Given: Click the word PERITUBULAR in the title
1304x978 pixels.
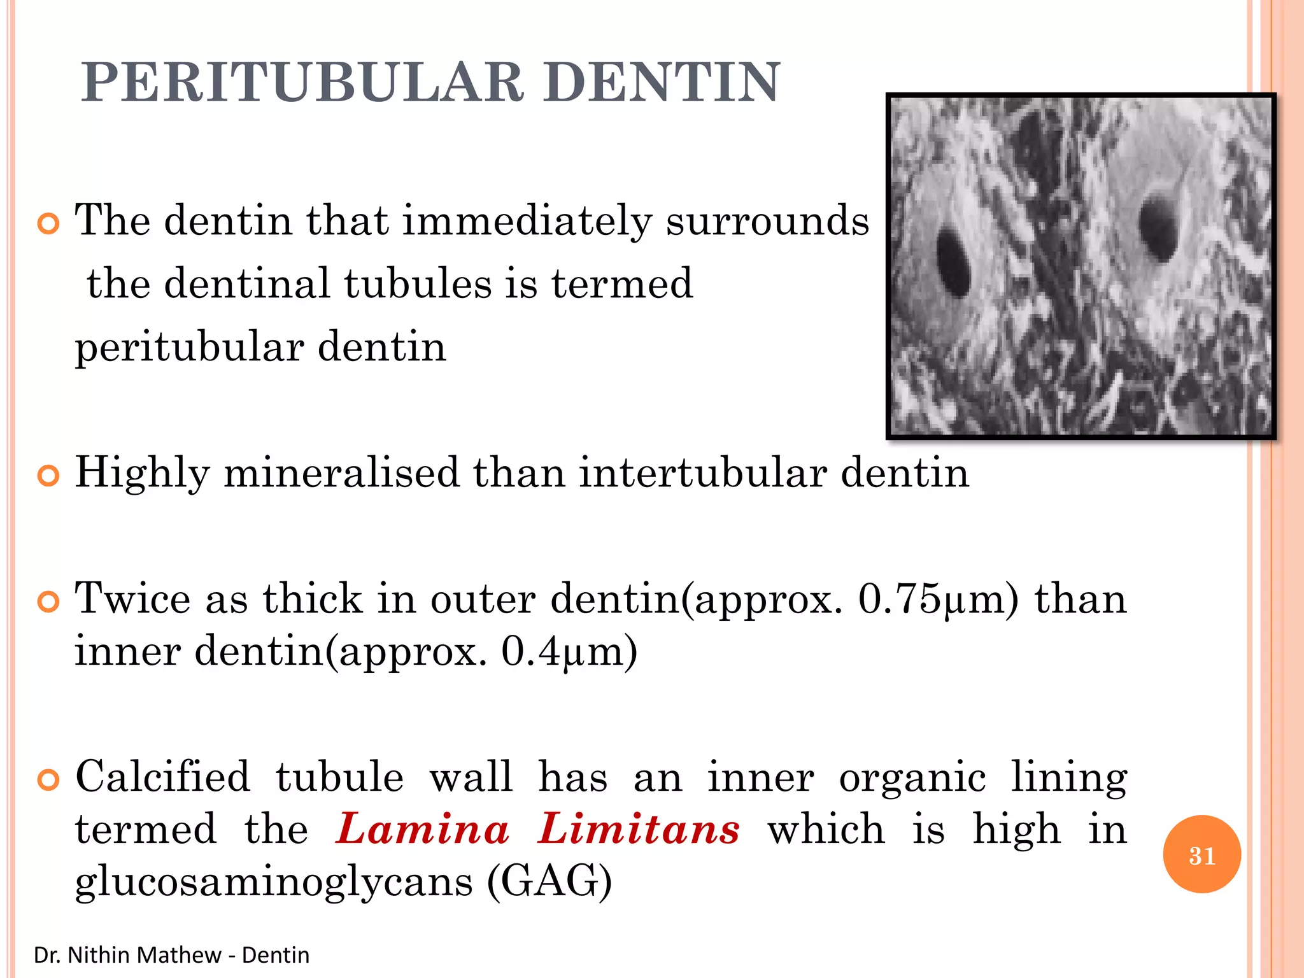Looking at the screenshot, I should (x=302, y=83).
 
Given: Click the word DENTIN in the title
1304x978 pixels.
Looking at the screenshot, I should (x=662, y=83).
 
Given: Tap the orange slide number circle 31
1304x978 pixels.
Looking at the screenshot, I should (x=1201, y=854).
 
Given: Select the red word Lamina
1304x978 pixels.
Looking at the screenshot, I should (x=423, y=830).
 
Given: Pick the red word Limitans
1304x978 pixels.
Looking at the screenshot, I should (x=639, y=830).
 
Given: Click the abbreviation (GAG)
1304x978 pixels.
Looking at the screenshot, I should (x=549, y=882).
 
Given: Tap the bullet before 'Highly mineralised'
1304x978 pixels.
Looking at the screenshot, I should (x=48, y=476).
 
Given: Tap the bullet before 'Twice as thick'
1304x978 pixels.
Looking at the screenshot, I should (x=48, y=601).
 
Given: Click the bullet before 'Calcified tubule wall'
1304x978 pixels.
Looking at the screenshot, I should (x=48, y=779).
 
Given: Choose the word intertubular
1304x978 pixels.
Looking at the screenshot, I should (x=702, y=473).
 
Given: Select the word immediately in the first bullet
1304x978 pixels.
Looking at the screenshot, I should (x=527, y=221).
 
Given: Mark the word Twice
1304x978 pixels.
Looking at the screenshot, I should (x=132, y=599).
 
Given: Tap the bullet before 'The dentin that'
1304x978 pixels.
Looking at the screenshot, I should (x=48, y=223).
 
